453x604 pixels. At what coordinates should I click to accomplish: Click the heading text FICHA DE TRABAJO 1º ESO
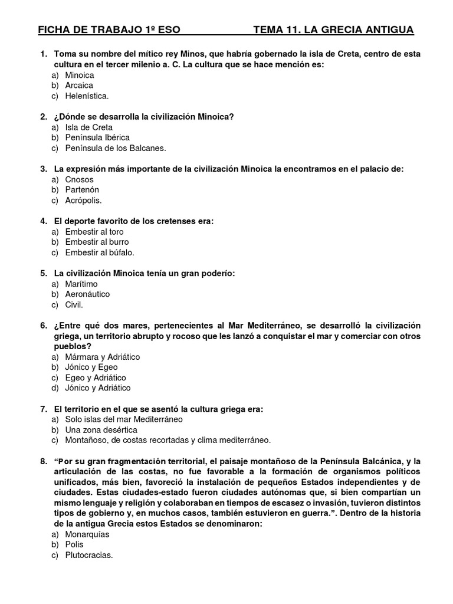[x=109, y=29]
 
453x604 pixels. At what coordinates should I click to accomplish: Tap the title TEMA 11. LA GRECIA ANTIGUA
[x=333, y=29]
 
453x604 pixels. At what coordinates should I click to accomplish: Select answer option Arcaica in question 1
[x=79, y=86]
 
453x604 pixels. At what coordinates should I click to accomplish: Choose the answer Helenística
[x=87, y=96]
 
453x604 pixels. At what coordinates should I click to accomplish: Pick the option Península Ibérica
[x=97, y=138]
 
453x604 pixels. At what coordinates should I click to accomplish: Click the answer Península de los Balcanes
[x=116, y=148]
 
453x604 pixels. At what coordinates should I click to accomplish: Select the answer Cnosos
[x=79, y=179]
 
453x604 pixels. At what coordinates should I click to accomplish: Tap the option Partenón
[x=82, y=190]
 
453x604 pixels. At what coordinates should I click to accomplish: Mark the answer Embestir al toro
[x=94, y=232]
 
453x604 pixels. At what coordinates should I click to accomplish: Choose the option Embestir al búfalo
[x=100, y=252]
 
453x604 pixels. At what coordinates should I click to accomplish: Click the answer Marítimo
[x=81, y=284]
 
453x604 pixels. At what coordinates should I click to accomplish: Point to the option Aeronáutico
[x=87, y=294]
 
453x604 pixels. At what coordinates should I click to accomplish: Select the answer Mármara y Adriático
[x=102, y=357]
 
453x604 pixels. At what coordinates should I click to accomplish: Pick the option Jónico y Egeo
[x=91, y=367]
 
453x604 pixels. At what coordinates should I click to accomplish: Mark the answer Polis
[x=74, y=544]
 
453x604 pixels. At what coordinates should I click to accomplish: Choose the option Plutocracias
[x=88, y=555]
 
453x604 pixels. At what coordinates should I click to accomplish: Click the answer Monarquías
[x=87, y=534]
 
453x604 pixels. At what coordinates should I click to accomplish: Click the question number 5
[x=44, y=273]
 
